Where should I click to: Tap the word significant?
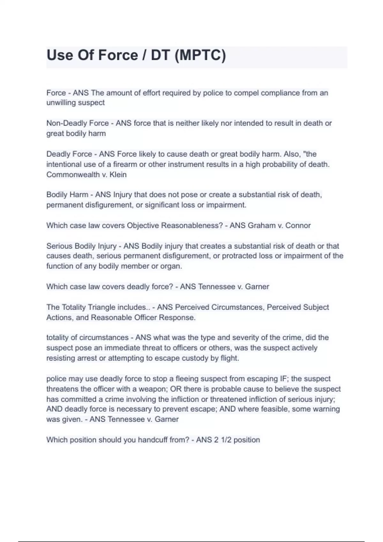coord(162,205)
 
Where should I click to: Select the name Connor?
coord(298,225)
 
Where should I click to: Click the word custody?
coord(195,358)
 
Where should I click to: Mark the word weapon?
coord(154,389)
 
